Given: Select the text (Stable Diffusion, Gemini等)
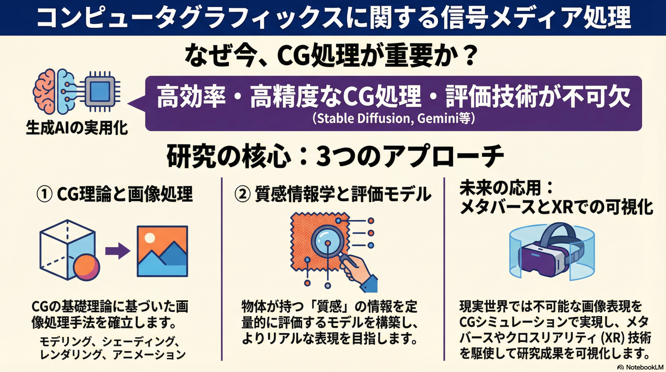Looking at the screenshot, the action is pos(393,118).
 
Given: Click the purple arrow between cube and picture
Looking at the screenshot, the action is pos(118,251).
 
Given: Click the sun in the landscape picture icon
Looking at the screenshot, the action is pos(150,237).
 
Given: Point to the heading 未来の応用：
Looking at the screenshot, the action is pos(506,188).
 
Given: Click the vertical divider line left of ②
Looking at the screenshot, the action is pos(222,269).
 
